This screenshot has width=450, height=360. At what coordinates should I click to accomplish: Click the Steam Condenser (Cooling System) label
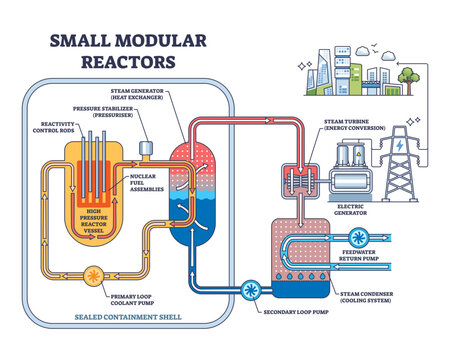coord(386,301)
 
